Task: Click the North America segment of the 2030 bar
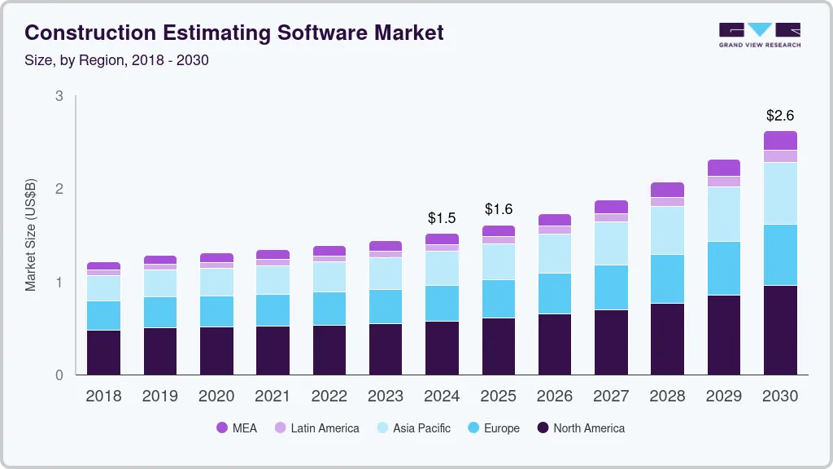tap(780, 330)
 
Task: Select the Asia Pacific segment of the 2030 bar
tap(780, 193)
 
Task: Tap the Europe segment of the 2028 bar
tap(667, 278)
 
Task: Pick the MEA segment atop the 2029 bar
tap(723, 168)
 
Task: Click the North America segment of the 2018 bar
tap(103, 352)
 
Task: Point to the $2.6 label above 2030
tap(780, 116)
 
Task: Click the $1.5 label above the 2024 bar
tap(442, 218)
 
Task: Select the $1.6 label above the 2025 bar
tap(498, 209)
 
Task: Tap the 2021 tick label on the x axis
tap(273, 397)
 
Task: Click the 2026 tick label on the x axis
tap(554, 397)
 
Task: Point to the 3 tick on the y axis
tap(59, 96)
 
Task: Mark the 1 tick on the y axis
tap(59, 283)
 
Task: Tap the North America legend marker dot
tap(542, 428)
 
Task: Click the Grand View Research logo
tap(760, 35)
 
